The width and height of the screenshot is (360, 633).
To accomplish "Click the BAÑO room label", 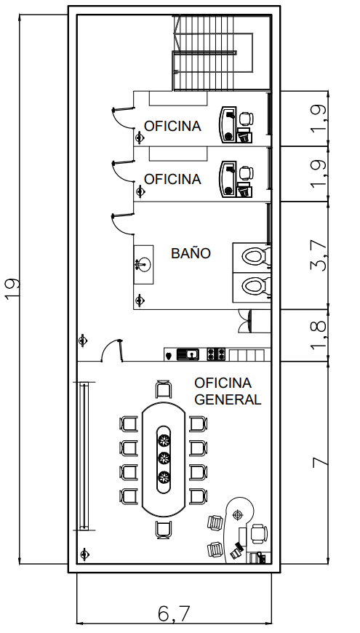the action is tap(191, 253).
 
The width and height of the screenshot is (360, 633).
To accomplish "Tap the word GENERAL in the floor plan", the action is tap(228, 399).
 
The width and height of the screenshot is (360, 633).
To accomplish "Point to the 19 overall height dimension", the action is tap(12, 289).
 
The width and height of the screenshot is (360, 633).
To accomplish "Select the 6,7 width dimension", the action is tap(174, 614).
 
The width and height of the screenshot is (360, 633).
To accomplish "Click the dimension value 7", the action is tap(321, 462).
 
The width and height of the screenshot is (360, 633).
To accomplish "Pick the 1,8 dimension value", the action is tap(319, 335).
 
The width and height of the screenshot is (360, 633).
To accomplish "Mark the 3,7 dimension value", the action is tap(319, 255).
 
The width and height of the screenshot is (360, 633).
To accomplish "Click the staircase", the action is tap(221, 53).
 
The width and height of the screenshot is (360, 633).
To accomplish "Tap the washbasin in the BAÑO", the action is tap(143, 264).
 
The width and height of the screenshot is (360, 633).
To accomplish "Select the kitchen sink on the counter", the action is tap(188, 354).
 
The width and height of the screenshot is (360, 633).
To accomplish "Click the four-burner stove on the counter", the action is tap(216, 354).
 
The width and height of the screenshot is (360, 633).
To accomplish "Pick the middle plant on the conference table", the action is tap(164, 458).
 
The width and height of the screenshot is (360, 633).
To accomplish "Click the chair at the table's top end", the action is tap(164, 389).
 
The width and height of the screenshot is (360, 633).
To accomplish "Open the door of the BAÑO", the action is tap(123, 224).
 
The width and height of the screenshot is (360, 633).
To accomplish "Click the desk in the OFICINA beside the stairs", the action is tap(228, 124).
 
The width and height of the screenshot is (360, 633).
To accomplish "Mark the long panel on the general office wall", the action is tap(84, 456).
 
